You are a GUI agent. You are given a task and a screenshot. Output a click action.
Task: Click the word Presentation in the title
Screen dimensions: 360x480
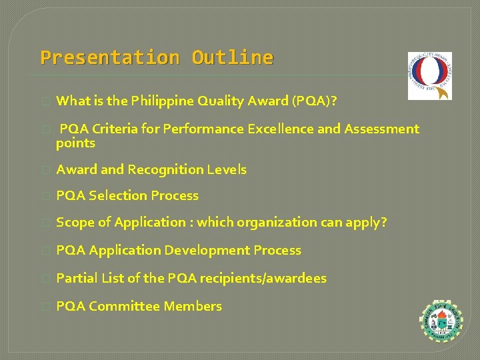coord(109,58)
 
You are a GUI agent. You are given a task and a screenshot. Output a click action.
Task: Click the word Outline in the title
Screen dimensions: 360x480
coord(232,58)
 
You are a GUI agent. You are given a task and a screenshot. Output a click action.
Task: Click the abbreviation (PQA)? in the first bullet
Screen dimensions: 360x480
coord(313,101)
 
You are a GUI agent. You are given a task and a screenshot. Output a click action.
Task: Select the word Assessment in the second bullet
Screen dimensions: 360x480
coord(381,129)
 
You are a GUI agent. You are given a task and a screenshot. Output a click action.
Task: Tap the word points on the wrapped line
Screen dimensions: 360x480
coord(75,143)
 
